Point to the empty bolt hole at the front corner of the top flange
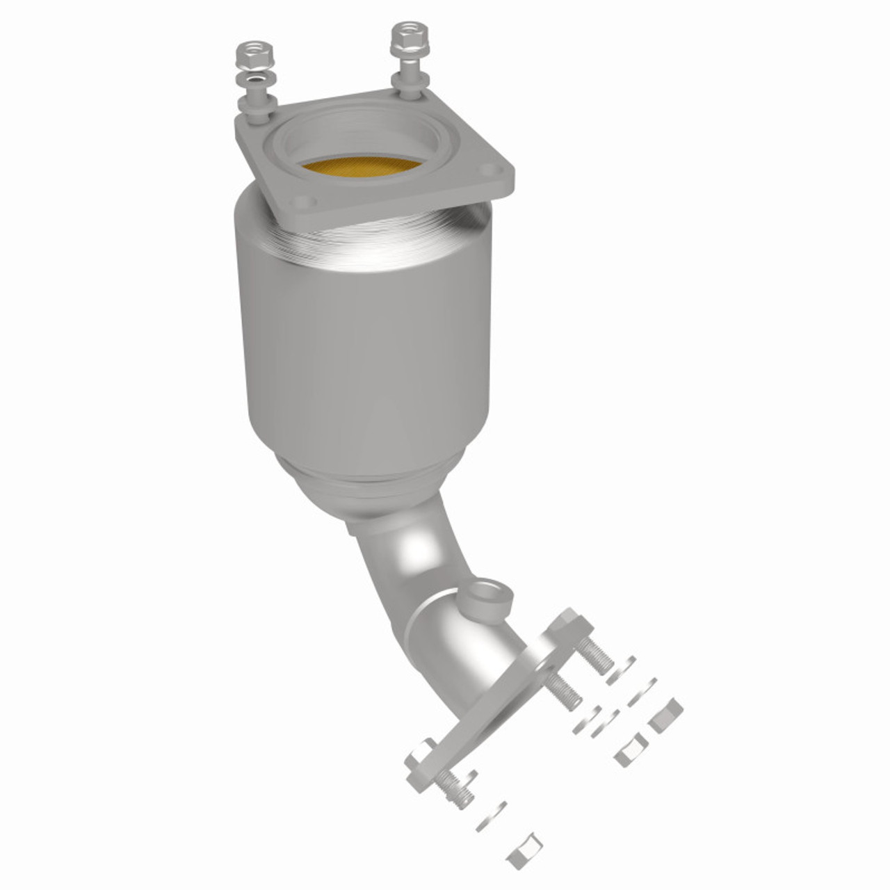(301, 202)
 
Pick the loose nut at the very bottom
(524, 850)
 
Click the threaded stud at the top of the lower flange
(594, 654)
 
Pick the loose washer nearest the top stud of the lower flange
(620, 670)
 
